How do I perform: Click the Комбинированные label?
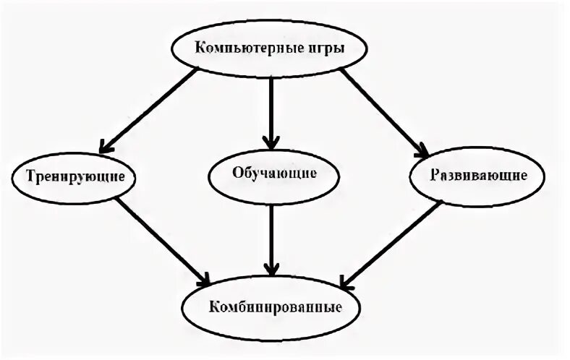tap(276, 306)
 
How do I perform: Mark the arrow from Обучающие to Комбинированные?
tap(271, 239)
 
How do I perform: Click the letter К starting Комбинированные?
tap(215, 306)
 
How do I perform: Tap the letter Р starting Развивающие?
tap(435, 175)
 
